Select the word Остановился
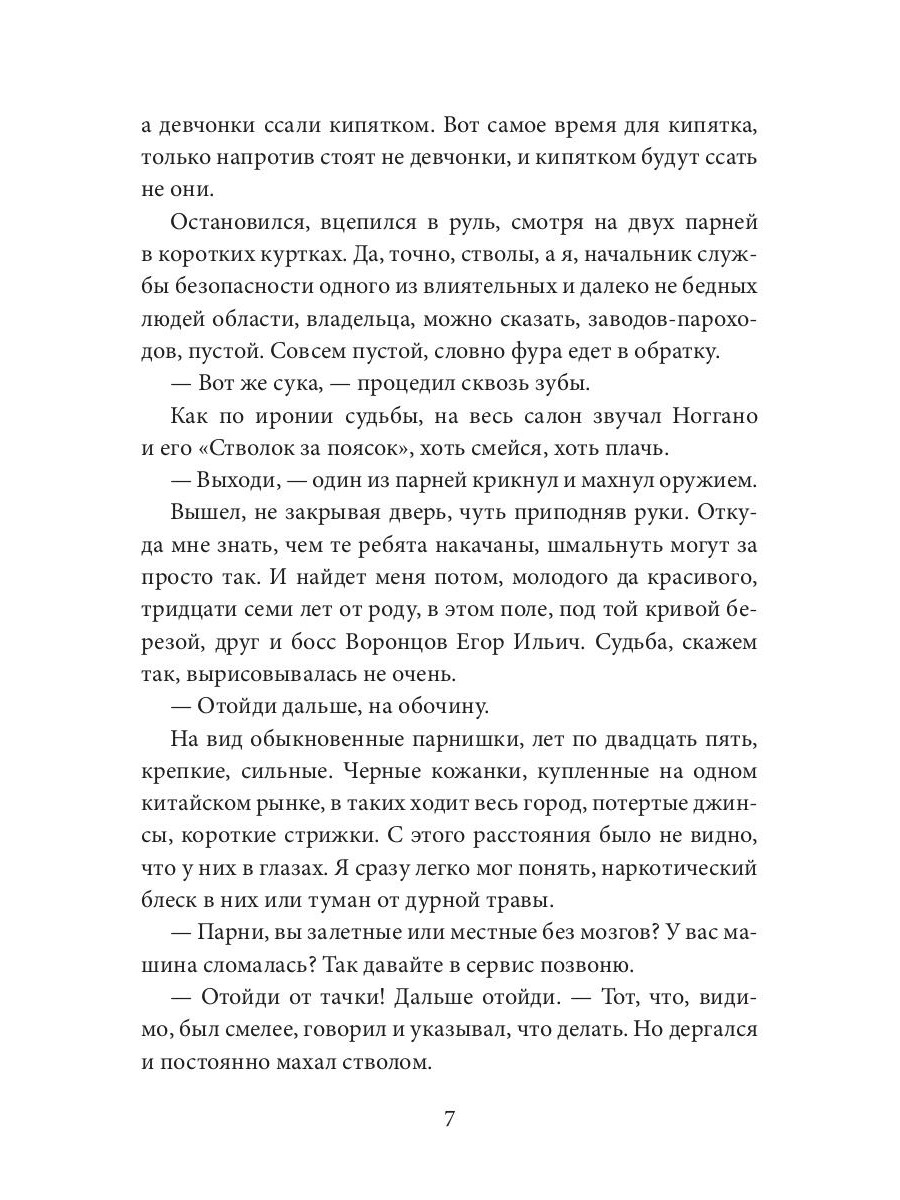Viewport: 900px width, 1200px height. (231, 223)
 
